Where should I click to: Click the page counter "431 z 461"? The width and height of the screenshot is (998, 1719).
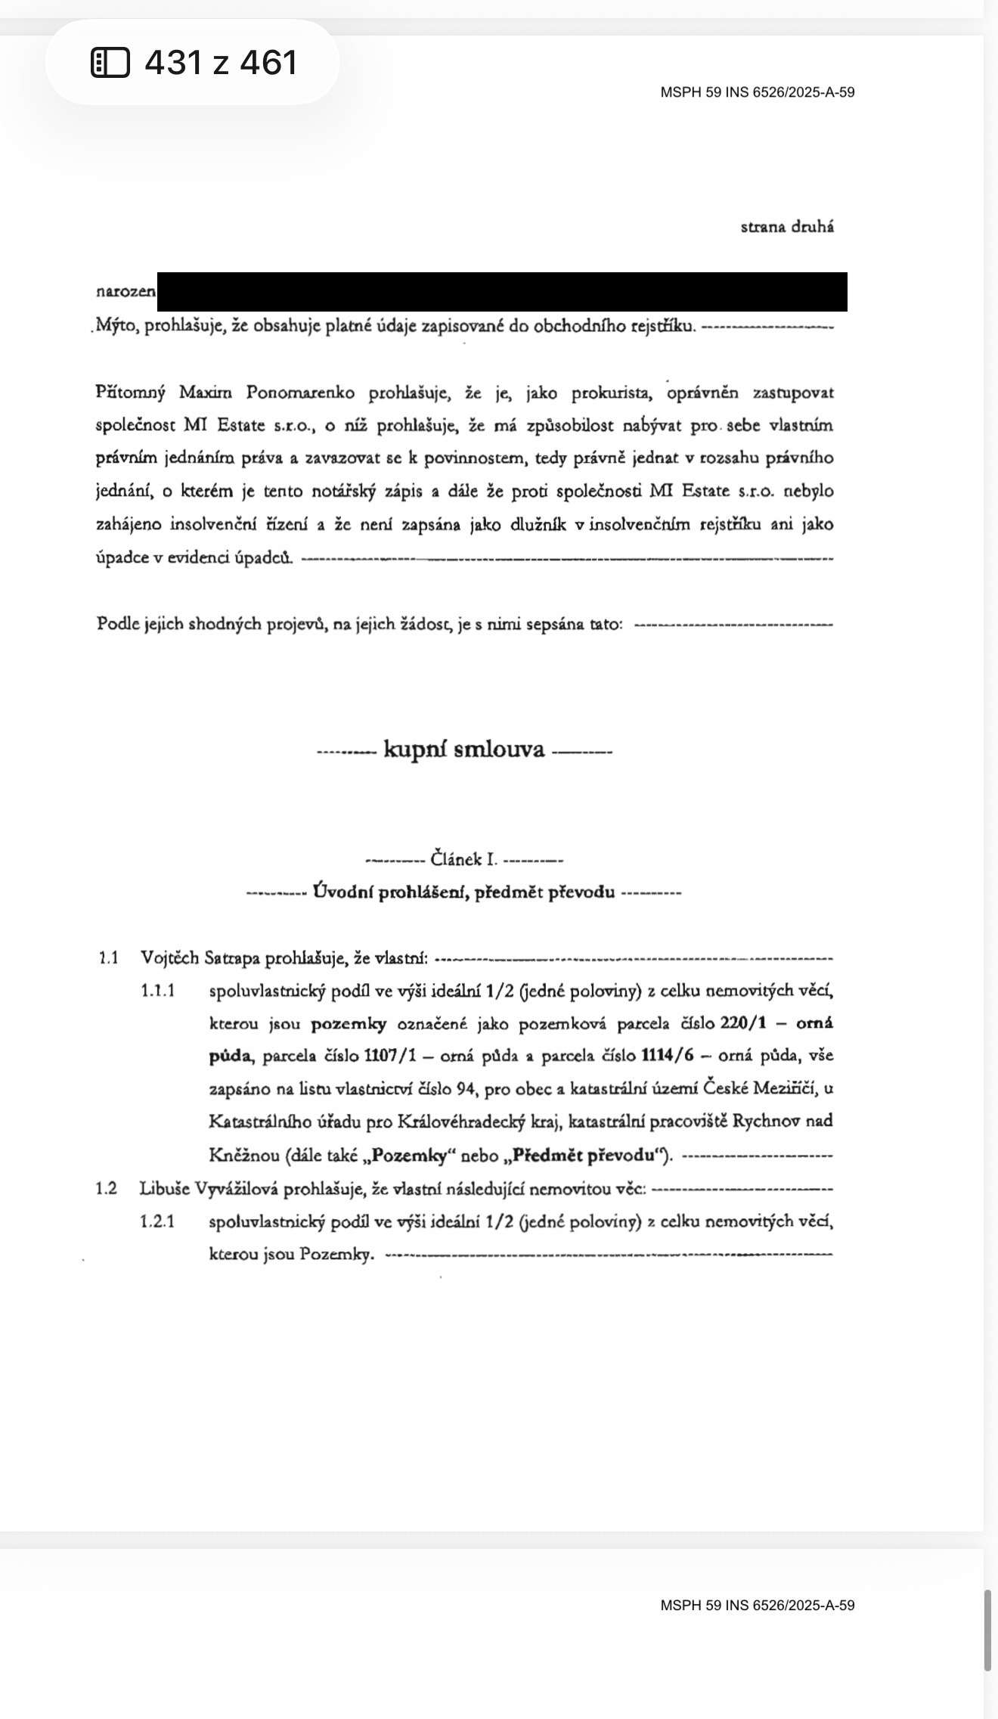pos(221,62)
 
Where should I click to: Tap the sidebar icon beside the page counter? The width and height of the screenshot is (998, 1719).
pos(110,62)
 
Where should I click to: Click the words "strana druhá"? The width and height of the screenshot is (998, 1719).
pos(787,227)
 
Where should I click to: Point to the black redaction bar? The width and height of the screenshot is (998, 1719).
pos(502,292)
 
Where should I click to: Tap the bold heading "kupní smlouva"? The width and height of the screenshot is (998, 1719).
pos(464,749)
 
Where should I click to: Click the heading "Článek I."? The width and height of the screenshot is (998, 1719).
pos(463,859)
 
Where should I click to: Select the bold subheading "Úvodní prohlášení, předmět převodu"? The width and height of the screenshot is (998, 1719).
pos(463,892)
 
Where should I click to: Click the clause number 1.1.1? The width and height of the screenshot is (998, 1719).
pos(158,991)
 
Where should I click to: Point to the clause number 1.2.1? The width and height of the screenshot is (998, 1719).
pos(158,1221)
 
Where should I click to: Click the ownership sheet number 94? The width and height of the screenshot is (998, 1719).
pos(465,1089)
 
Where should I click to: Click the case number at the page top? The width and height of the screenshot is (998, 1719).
pos(757,92)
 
